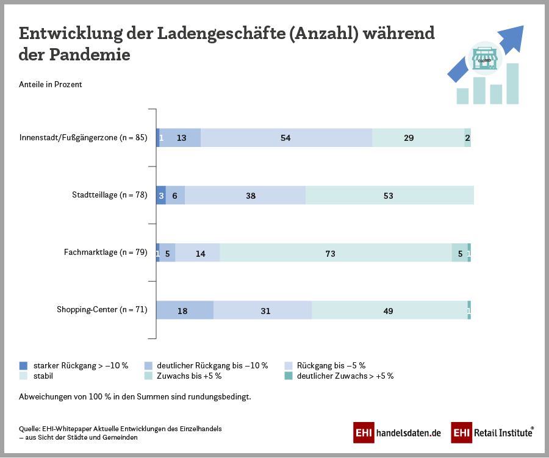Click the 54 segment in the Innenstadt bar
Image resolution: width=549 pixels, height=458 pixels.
pyautogui.click(x=286, y=138)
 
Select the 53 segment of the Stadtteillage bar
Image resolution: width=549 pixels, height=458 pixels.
pyautogui.click(x=389, y=196)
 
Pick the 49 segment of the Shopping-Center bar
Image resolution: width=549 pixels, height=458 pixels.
pyautogui.click(x=389, y=310)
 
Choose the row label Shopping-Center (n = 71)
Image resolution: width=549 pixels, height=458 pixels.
pyautogui.click(x=102, y=310)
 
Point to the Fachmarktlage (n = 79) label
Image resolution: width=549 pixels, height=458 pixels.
pyautogui.click(x=106, y=252)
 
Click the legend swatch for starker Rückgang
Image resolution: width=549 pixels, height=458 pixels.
pyautogui.click(x=24, y=366)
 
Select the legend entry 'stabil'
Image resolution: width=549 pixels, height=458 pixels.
pyautogui.click(x=43, y=376)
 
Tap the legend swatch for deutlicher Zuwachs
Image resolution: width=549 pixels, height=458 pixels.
pyautogui.click(x=289, y=376)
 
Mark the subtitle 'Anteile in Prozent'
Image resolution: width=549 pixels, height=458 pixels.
pyautogui.click(x=51, y=85)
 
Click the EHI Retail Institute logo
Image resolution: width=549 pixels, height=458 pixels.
pyautogui.click(x=492, y=432)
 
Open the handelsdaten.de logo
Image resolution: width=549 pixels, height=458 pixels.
pyautogui.click(x=397, y=432)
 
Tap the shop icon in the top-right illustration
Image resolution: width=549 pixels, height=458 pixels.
pyautogui.click(x=485, y=59)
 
